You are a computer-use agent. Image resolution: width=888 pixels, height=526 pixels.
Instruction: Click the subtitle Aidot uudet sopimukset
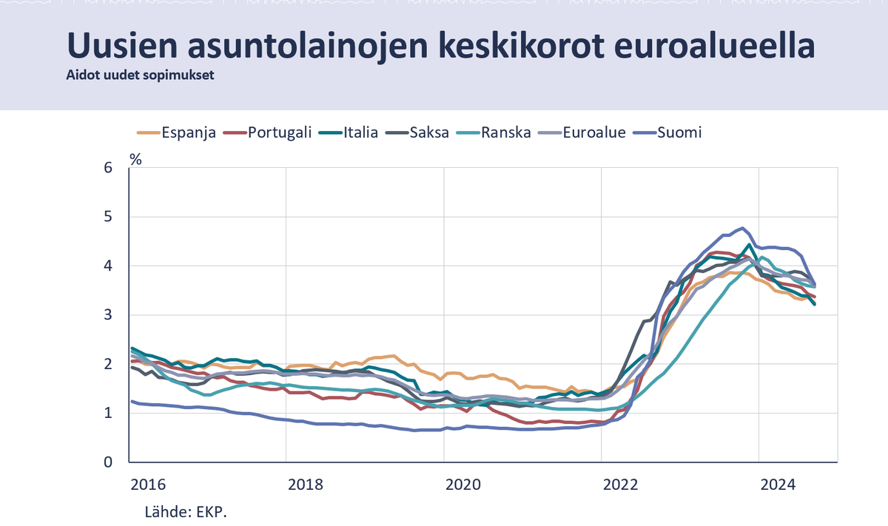pos(140,75)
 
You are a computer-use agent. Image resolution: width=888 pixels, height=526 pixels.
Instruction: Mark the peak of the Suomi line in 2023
pos(741,228)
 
